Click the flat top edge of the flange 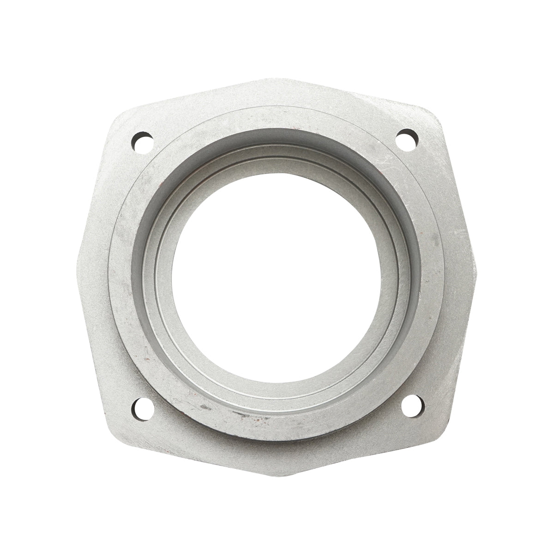[x=277, y=79]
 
